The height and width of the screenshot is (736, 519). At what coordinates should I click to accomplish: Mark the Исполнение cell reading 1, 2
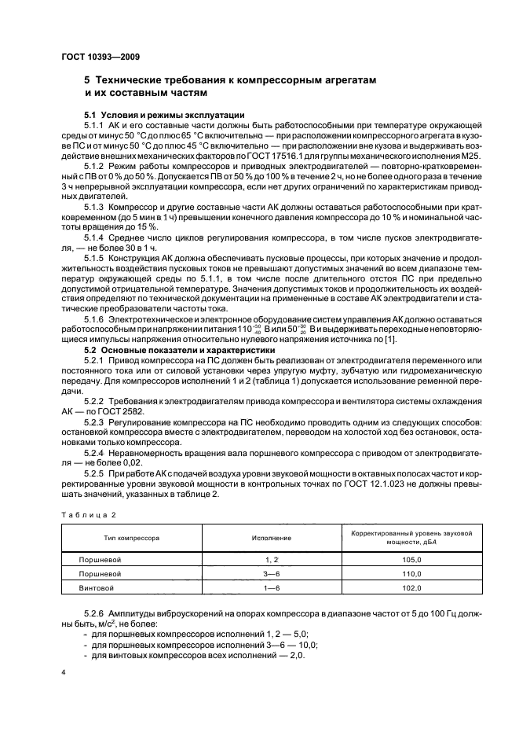coord(272,559)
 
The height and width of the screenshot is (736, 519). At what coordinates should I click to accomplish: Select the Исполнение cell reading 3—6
coord(272,573)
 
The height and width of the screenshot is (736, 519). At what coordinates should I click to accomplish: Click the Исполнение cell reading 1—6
coord(272,587)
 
